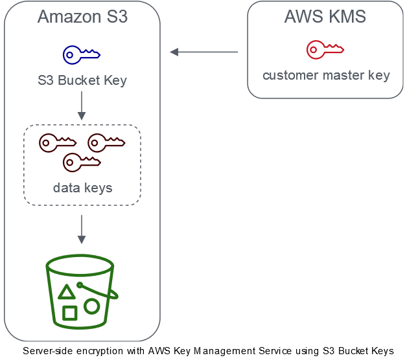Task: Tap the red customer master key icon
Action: tap(314, 50)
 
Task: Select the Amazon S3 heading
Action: tap(82, 16)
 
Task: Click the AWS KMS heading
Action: tap(325, 16)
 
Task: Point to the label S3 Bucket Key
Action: tap(82, 80)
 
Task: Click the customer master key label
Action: tap(326, 76)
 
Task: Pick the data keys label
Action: tap(82, 188)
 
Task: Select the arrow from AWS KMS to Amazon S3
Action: tap(203, 52)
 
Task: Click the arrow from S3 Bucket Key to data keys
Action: tap(82, 106)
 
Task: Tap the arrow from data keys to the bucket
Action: tap(82, 229)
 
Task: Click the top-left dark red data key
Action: tap(47, 143)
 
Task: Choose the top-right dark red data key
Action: tap(96, 143)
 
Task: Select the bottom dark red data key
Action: tap(71, 163)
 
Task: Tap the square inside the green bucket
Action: tap(70, 313)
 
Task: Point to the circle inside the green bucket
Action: tap(91, 306)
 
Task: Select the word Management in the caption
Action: tap(224, 351)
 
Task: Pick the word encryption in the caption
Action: tap(100, 352)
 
